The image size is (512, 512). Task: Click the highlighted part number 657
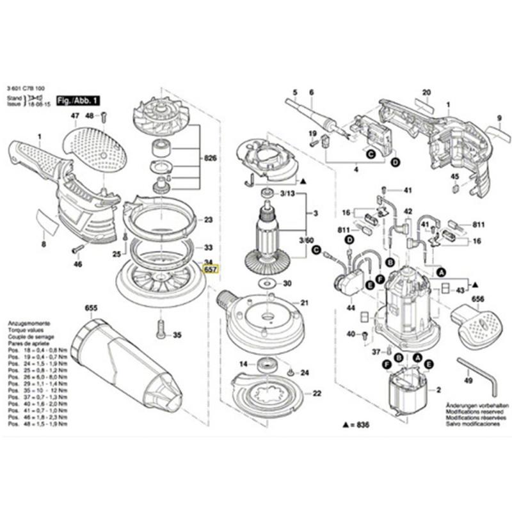(x=210, y=270)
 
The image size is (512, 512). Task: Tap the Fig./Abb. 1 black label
(x=79, y=101)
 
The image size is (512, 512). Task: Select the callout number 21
(x=305, y=302)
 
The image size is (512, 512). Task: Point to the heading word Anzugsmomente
(x=25, y=325)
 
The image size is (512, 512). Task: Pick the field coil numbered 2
(x=408, y=390)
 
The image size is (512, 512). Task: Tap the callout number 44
(x=351, y=308)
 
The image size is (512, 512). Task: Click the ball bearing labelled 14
(x=264, y=365)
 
